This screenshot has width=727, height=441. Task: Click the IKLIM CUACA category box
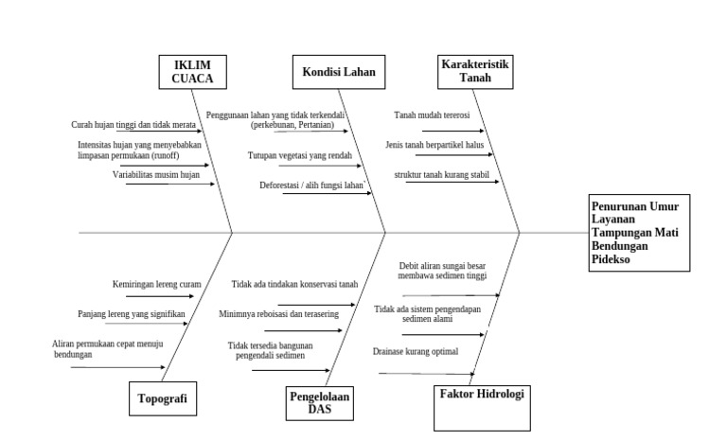tap(193, 72)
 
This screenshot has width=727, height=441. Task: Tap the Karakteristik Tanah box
tap(475, 71)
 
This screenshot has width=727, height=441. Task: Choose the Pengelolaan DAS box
tap(319, 403)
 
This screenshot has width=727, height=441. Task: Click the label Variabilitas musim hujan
tap(156, 175)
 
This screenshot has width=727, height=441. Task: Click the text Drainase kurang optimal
tap(416, 352)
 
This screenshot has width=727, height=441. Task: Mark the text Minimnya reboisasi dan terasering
tap(279, 313)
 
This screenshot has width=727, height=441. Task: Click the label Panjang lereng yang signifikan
tap(132, 313)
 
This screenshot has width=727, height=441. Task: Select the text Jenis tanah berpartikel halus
tap(435, 145)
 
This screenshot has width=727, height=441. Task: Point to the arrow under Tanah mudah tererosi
tap(452, 132)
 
